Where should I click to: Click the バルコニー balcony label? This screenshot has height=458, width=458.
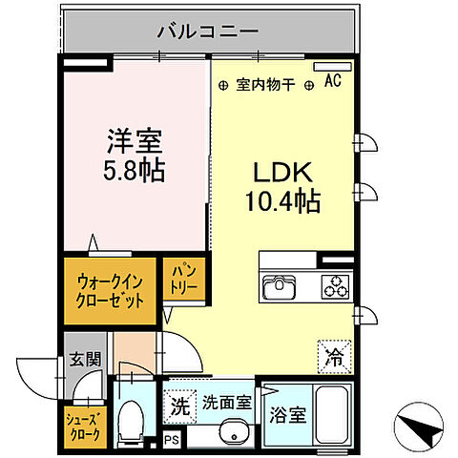coord(208,31)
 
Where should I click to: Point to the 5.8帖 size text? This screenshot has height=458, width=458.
coord(134,173)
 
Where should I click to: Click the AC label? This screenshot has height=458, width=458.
coord(333,82)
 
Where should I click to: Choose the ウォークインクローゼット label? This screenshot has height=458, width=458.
coord(112,290)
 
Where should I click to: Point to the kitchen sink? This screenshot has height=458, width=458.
coord(281,284)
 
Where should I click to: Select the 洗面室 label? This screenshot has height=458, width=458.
coord(226,404)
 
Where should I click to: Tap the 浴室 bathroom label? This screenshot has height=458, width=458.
coord(287,416)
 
